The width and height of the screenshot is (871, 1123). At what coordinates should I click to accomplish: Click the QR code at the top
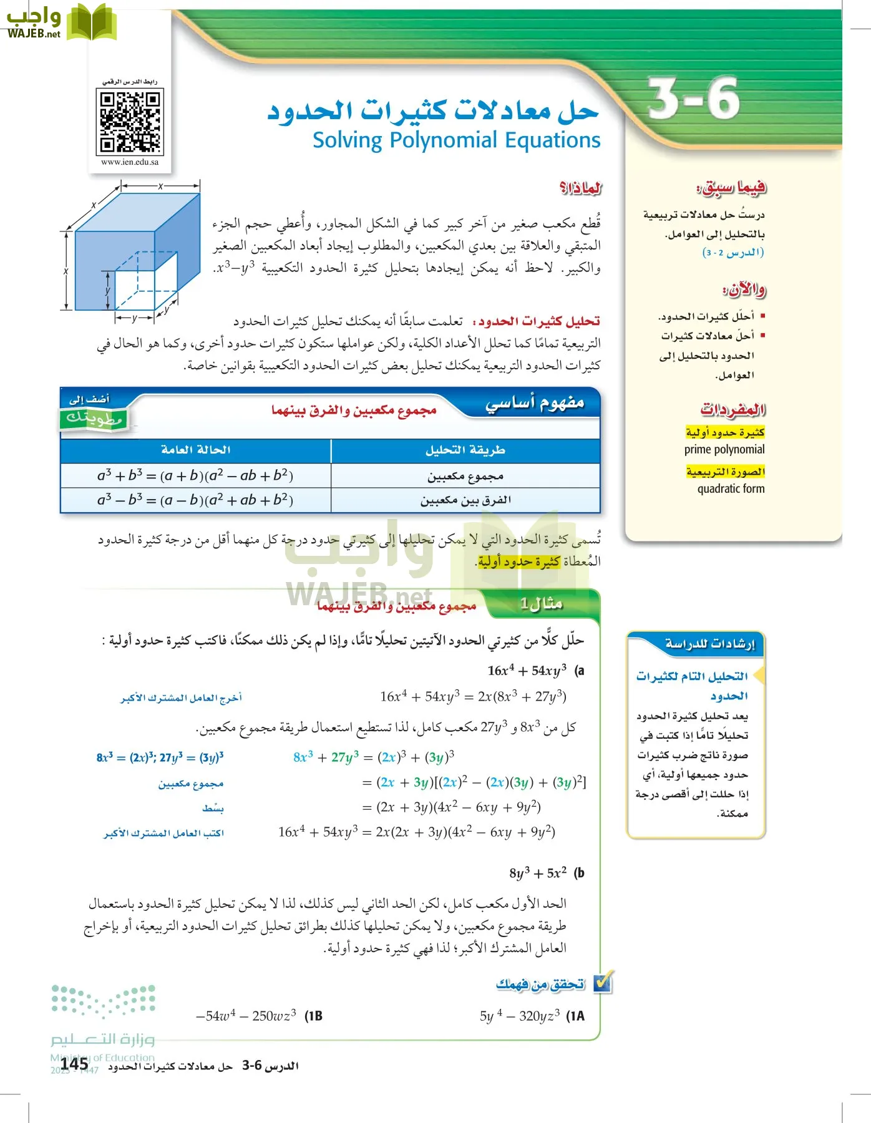(130, 122)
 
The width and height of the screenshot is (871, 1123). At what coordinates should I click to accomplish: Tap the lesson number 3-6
(693, 99)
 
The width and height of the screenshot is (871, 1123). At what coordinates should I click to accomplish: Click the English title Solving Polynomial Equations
(456, 140)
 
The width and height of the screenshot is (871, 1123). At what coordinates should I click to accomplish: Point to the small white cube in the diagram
(145, 284)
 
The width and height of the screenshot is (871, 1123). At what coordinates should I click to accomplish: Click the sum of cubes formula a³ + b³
(195, 475)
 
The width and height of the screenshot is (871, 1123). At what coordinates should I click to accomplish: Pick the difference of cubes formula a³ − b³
(195, 500)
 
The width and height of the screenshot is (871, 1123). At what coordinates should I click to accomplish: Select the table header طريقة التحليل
(465, 450)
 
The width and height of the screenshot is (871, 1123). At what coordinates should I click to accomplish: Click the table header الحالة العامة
(195, 450)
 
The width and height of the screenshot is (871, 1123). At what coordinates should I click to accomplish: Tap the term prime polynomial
(724, 449)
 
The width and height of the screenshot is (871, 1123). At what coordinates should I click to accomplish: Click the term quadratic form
(731, 489)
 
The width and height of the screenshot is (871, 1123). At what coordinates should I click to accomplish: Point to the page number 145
(75, 1063)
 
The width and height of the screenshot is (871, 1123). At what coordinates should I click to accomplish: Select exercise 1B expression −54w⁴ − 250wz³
(246, 1016)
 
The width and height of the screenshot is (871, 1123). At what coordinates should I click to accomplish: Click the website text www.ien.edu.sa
(130, 162)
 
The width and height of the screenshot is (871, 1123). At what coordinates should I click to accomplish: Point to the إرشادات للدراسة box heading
(709, 643)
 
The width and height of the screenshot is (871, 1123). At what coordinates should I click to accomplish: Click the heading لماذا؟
(580, 187)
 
